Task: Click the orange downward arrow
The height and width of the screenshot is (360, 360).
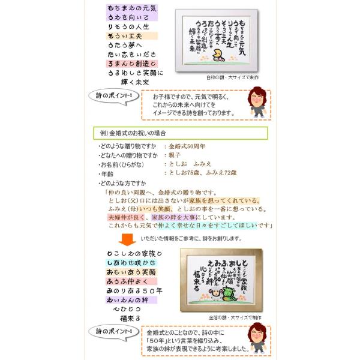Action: [x=127, y=240]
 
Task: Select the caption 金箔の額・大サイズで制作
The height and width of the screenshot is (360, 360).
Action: [x=235, y=316]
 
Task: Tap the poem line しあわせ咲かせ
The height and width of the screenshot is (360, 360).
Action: [x=131, y=263]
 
